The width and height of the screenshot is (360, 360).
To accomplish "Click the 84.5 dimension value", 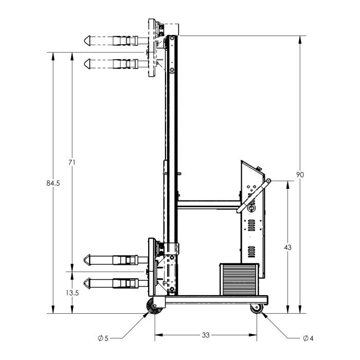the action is (53, 183).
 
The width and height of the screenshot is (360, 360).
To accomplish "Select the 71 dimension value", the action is (72, 163).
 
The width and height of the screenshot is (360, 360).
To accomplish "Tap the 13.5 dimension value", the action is (73, 293).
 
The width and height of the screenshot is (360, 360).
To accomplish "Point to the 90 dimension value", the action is (300, 175).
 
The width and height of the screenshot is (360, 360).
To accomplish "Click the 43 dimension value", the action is (287, 247).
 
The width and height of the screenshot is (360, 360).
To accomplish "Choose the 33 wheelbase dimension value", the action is (206, 335).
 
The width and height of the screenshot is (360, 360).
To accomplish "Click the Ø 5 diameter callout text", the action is (103, 338).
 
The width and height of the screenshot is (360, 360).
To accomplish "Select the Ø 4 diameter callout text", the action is (308, 338).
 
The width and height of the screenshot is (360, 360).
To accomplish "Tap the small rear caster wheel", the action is (257, 309).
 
